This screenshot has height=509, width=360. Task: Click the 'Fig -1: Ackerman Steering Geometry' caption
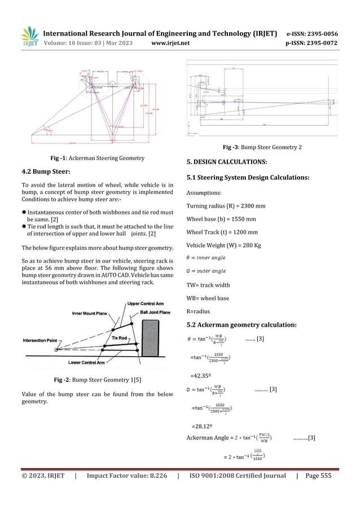[x=97, y=158]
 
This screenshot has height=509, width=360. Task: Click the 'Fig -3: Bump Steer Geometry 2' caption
[x=262, y=148]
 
